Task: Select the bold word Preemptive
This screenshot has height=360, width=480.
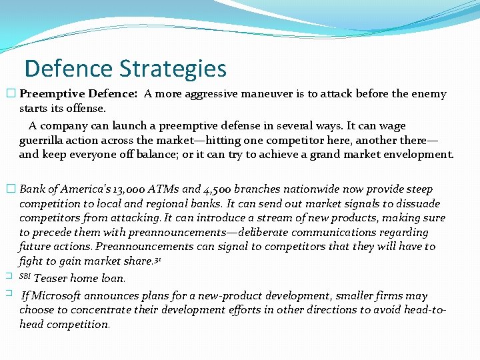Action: click(x=49, y=94)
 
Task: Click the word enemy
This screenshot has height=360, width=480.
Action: click(x=429, y=94)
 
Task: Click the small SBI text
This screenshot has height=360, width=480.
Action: click(x=25, y=275)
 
